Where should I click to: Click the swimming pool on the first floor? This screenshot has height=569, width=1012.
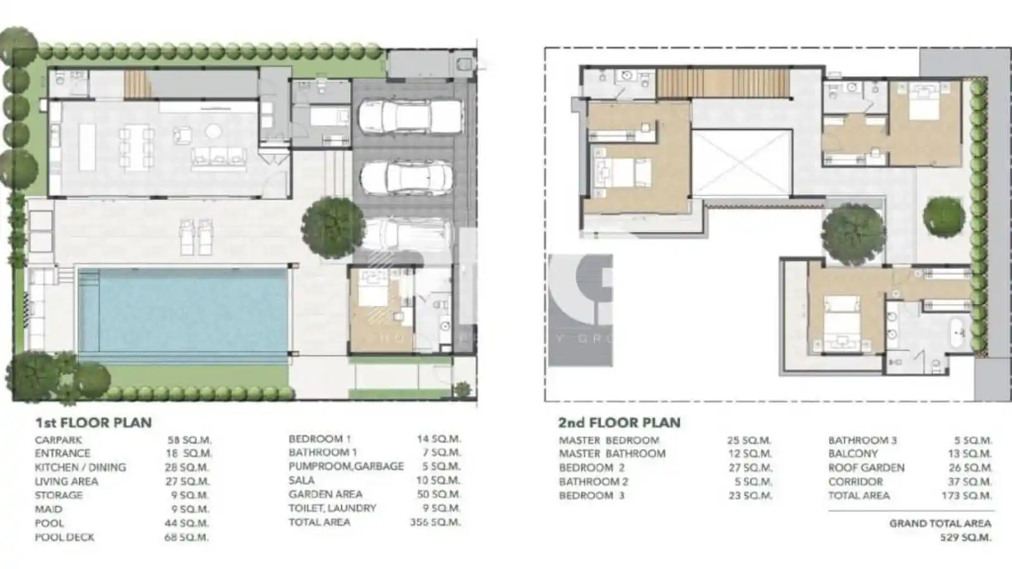pyautogui.click(x=183, y=311)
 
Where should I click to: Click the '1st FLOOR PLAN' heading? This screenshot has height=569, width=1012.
pyautogui.click(x=93, y=422)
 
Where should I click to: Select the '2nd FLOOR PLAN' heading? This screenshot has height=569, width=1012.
pyautogui.click(x=619, y=422)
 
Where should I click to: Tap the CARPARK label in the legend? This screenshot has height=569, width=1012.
pyautogui.click(x=58, y=440)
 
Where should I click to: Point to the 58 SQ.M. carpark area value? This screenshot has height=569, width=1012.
pyautogui.click(x=189, y=440)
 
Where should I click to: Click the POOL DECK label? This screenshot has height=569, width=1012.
pyautogui.click(x=65, y=537)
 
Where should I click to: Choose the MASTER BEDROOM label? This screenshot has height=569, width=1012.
pyautogui.click(x=608, y=440)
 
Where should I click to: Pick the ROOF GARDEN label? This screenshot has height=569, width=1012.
pyautogui.click(x=866, y=468)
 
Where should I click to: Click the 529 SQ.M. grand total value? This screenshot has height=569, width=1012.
pyautogui.click(x=965, y=538)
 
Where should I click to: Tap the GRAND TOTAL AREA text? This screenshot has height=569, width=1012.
pyautogui.click(x=940, y=523)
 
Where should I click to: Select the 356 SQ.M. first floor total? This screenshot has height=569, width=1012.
pyautogui.click(x=435, y=522)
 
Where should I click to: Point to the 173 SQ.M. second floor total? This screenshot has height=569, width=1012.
pyautogui.click(x=966, y=496)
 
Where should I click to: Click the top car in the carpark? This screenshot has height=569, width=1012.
pyautogui.click(x=410, y=116)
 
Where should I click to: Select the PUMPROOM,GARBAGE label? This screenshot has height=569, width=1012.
pyautogui.click(x=345, y=467)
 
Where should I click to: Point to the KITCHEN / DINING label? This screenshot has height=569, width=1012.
pyautogui.click(x=80, y=468)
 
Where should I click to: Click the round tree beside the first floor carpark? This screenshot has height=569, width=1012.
pyautogui.click(x=333, y=223)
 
